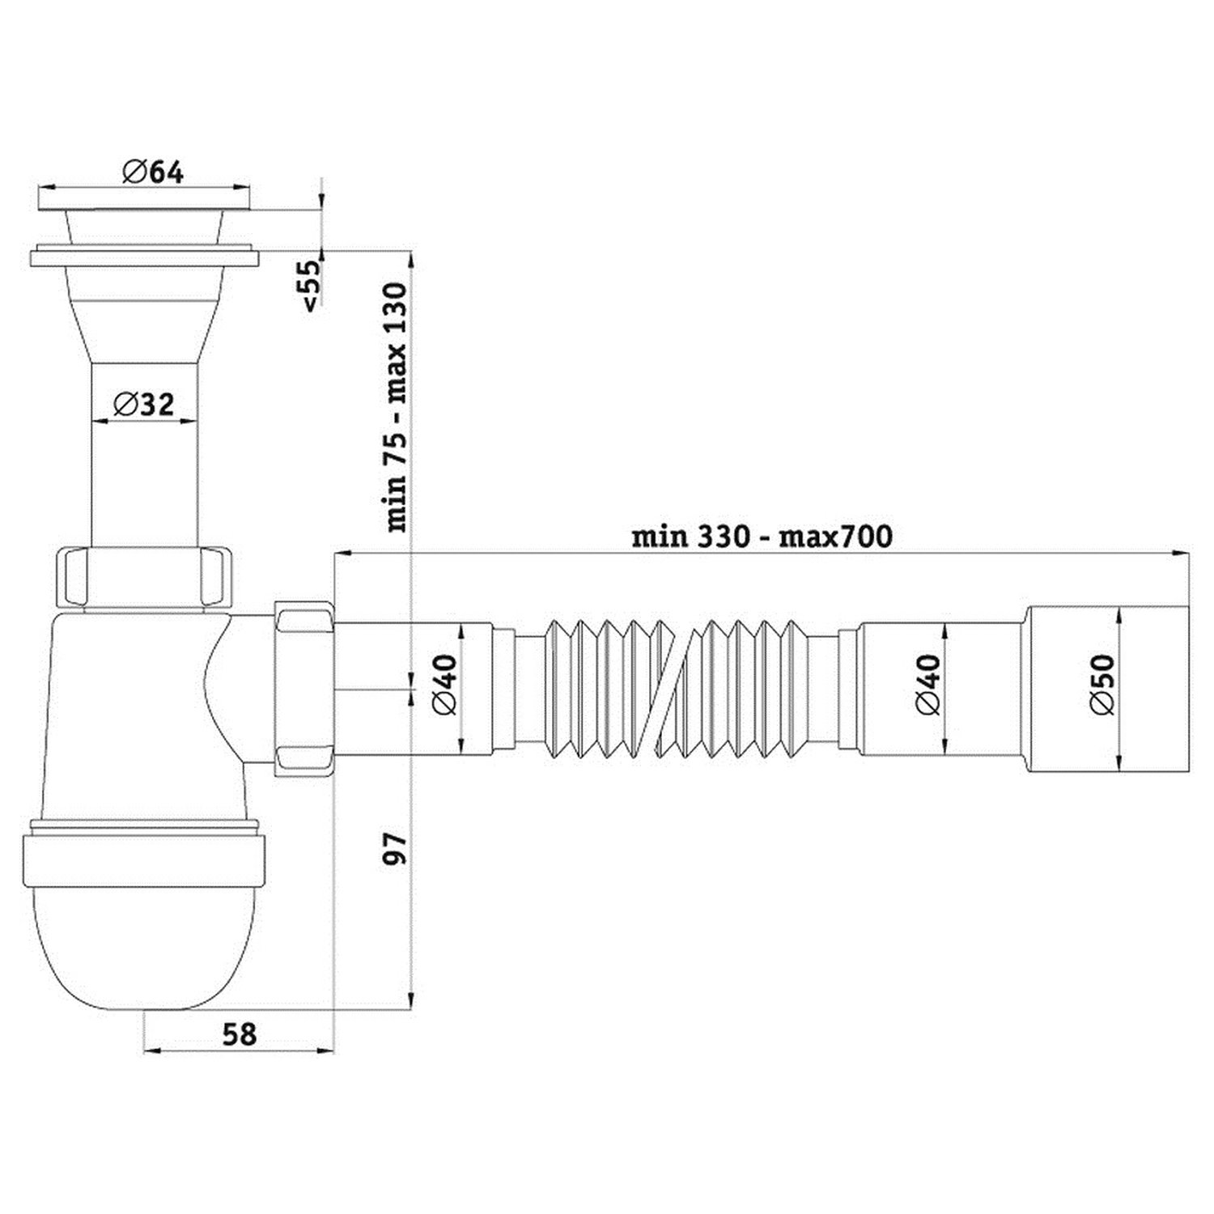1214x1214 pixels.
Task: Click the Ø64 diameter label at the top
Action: pyautogui.click(x=153, y=172)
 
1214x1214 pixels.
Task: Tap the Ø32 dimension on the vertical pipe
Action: pyautogui.click(x=143, y=403)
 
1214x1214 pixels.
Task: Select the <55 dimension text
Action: pyautogui.click(x=311, y=284)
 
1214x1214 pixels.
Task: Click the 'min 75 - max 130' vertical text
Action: pyautogui.click(x=396, y=407)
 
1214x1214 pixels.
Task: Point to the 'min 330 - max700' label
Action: pyautogui.click(x=762, y=536)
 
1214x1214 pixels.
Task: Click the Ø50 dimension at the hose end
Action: pyautogui.click(x=1102, y=684)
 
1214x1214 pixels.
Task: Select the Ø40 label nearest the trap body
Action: pyautogui.click(x=444, y=684)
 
